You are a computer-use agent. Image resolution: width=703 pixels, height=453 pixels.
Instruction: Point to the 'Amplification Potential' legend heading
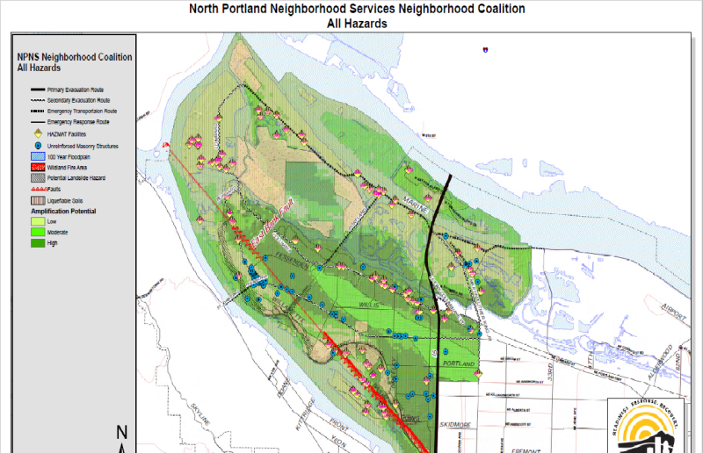(63, 212)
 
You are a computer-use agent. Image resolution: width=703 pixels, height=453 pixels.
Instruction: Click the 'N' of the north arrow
(122, 433)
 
